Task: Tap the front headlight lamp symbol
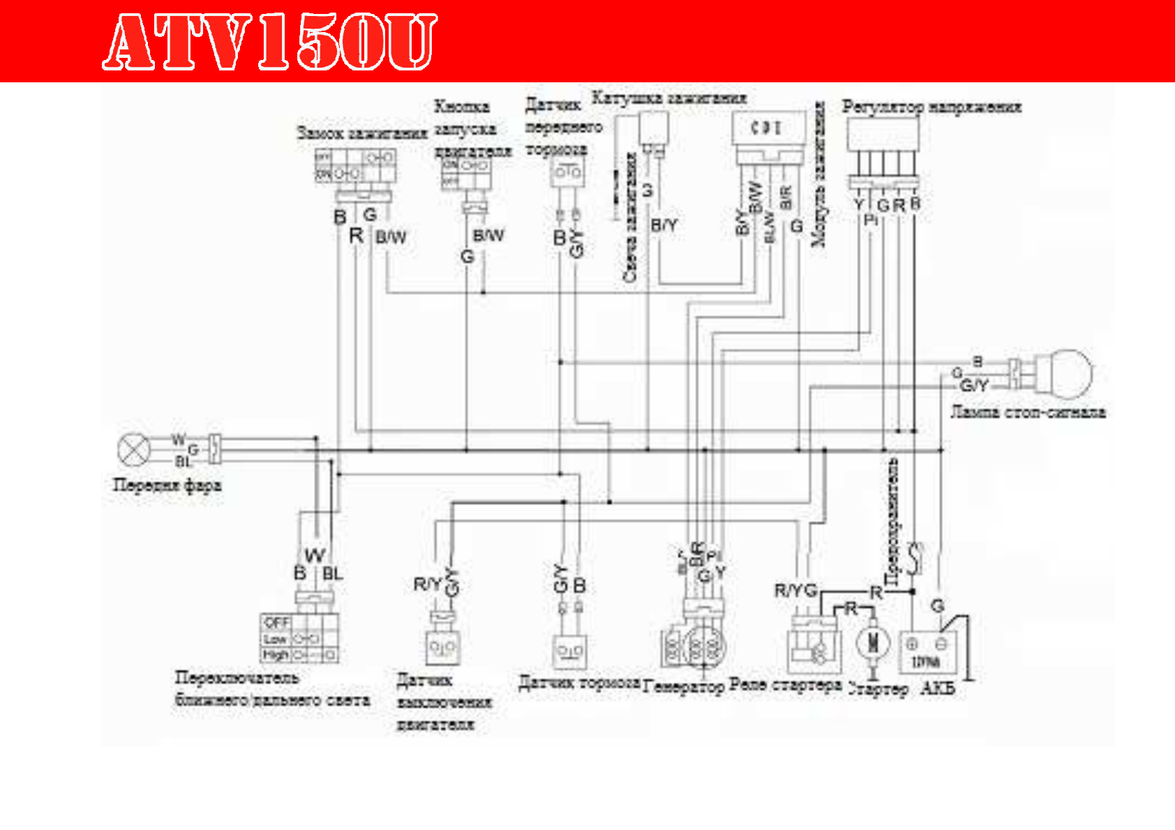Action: tap(133, 449)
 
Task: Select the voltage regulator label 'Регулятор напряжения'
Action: tap(931, 107)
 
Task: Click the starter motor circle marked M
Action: tap(873, 642)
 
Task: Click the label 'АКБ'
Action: tap(937, 688)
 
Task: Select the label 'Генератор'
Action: tap(684, 688)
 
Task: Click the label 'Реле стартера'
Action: tap(785, 685)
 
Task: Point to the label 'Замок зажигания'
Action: tap(361, 133)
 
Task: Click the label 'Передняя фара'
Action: tap(167, 485)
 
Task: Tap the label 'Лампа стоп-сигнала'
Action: tap(1028, 412)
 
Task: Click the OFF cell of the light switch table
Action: tap(276, 621)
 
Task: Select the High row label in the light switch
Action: tap(275, 655)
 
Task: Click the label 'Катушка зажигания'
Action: tap(669, 98)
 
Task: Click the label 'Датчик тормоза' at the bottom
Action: tap(579, 682)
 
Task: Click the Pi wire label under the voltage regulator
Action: tap(870, 220)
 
